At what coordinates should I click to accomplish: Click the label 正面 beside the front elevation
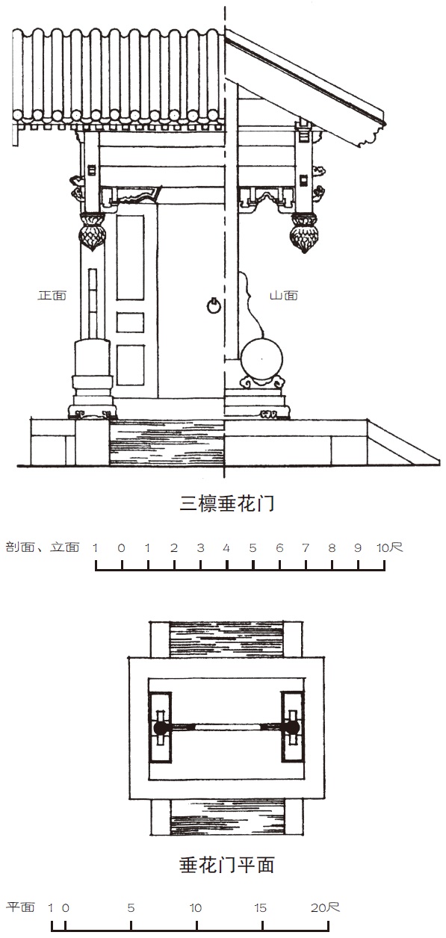pyautogui.click(x=52, y=295)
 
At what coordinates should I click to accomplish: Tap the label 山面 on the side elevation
pyautogui.click(x=284, y=295)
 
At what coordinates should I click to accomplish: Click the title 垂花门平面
pyautogui.click(x=226, y=864)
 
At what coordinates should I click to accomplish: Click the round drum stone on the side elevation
pyautogui.click(x=261, y=359)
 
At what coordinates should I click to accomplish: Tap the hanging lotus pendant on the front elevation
pyautogui.click(x=92, y=232)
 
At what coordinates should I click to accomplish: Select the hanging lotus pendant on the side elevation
pyautogui.click(x=305, y=233)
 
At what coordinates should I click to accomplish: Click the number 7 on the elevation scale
pyautogui.click(x=306, y=547)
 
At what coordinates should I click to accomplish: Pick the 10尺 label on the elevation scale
pyautogui.click(x=389, y=547)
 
